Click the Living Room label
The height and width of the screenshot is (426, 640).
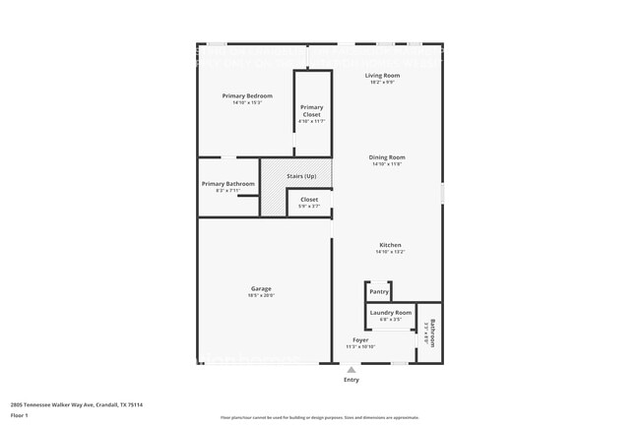[382, 75]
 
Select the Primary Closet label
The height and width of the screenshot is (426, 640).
[311, 110]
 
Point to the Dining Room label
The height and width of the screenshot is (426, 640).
[387, 157]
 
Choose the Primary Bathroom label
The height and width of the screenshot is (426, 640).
[227, 184]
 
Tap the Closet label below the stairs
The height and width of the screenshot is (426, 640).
[309, 200]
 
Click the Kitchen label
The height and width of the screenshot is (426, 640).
[390, 245]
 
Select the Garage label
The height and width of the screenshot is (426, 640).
[261, 288]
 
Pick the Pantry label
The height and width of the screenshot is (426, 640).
[379, 292]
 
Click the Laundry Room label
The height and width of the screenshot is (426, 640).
[390, 313]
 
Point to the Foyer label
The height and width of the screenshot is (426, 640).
[360, 340]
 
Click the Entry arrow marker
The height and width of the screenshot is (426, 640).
[351, 370]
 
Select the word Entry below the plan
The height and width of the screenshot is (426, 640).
[351, 380]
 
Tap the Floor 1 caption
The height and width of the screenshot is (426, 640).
[20, 415]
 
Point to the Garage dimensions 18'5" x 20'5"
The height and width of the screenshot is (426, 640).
[261, 295]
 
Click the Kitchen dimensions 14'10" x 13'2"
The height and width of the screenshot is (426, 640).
[390, 252]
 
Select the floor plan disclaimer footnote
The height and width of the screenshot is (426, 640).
[319, 417]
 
